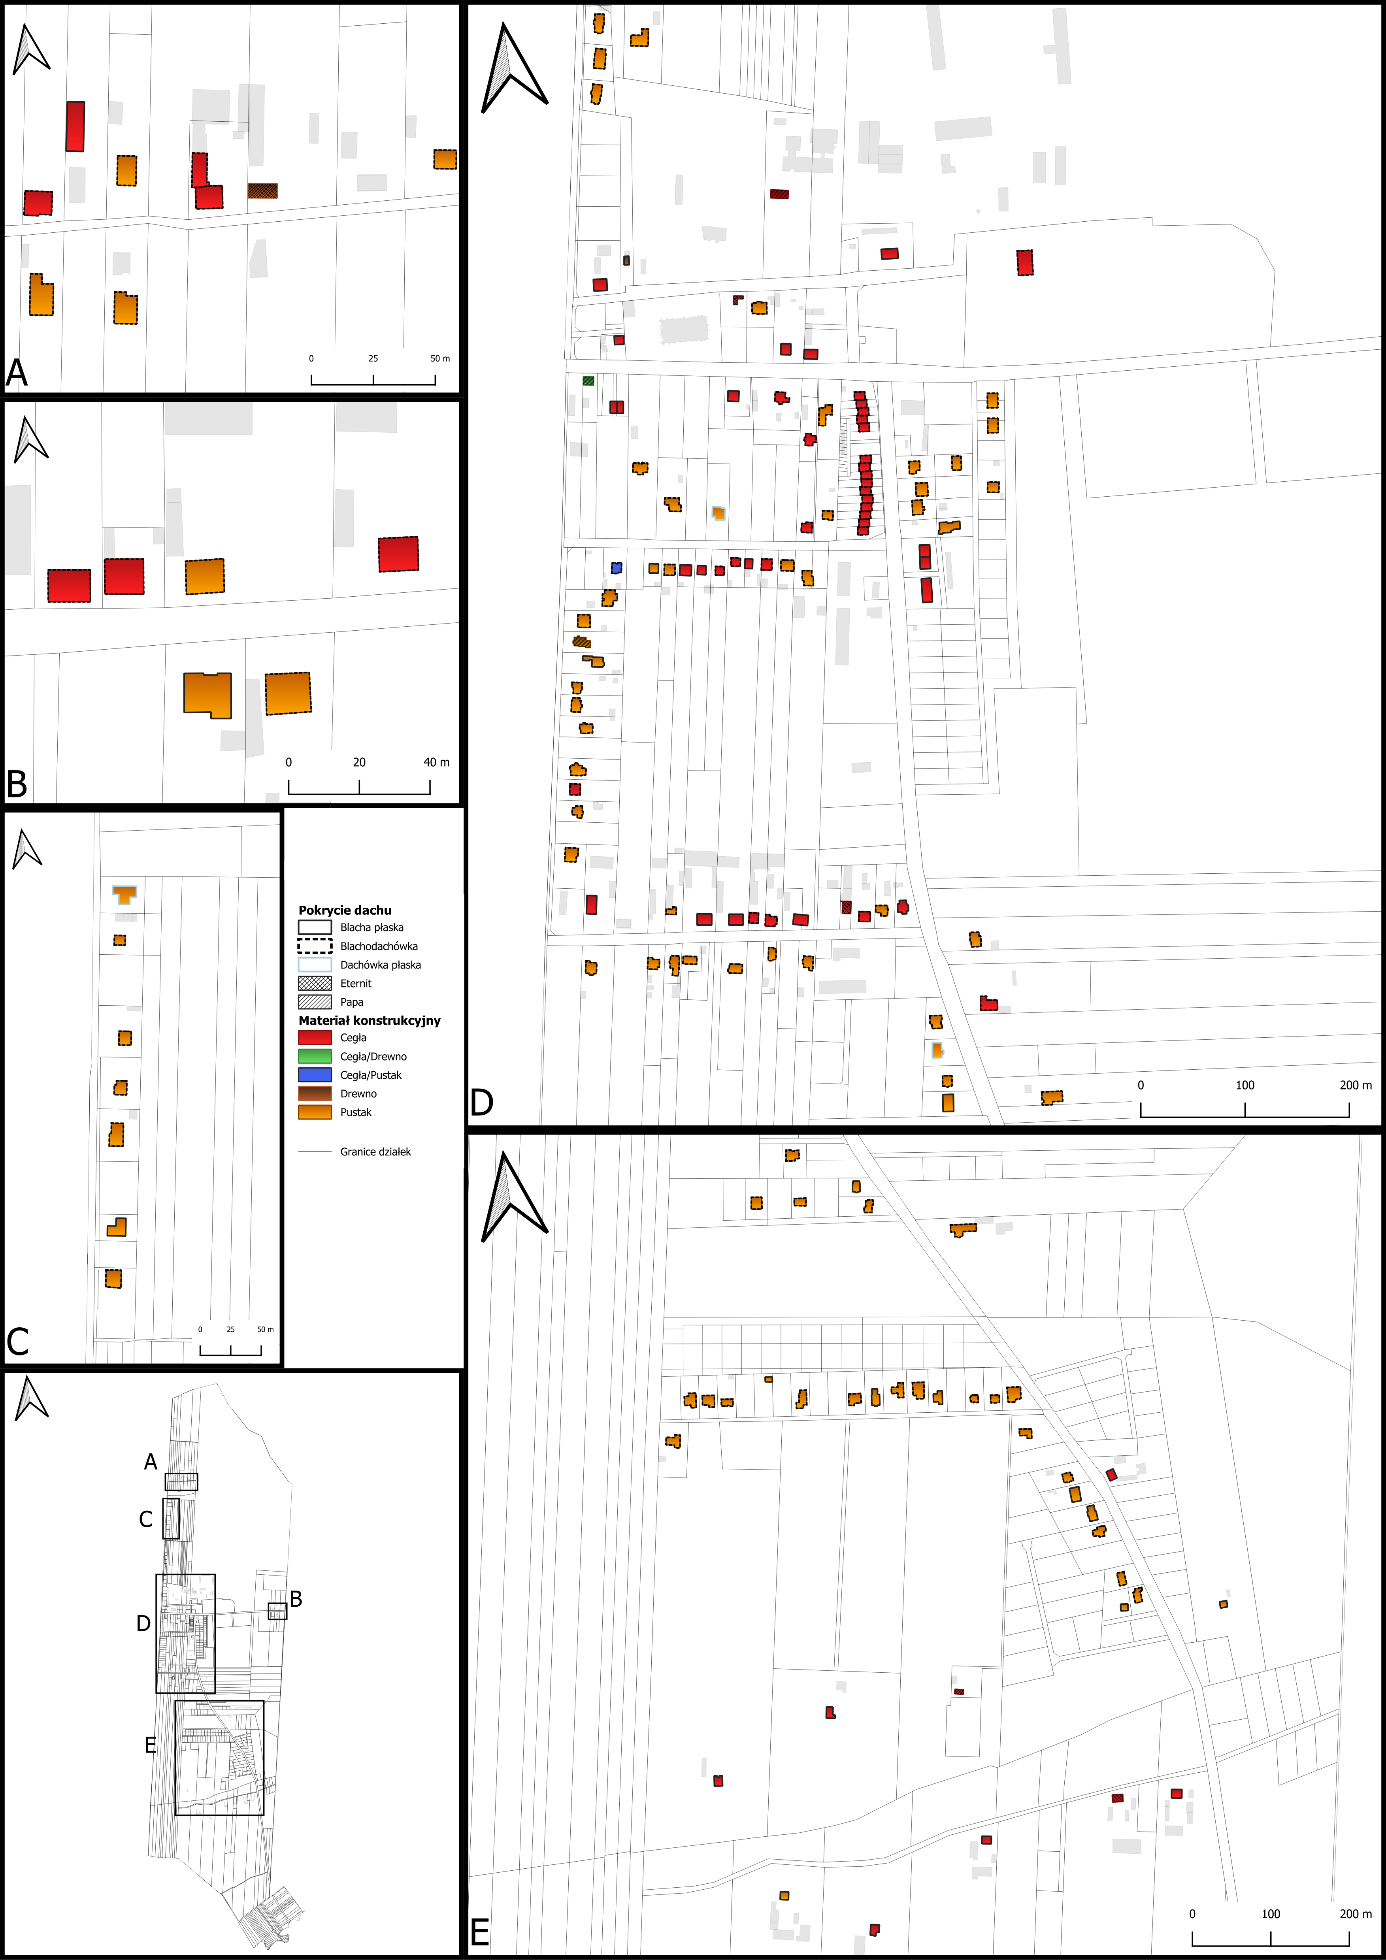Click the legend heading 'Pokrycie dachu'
(x=345, y=910)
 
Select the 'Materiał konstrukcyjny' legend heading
(x=370, y=1020)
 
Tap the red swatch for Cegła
(x=314, y=1038)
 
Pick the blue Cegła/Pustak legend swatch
(x=314, y=1075)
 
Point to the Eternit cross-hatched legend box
(x=314, y=984)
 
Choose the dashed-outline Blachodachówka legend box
(x=314, y=946)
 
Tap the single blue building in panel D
(x=617, y=568)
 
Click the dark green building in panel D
(x=588, y=380)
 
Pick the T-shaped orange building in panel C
(x=124, y=894)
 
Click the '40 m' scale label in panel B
(x=436, y=762)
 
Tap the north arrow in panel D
(x=513, y=68)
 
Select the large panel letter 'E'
(x=480, y=1932)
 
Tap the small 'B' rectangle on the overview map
(x=277, y=1611)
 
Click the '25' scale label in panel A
(x=373, y=358)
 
